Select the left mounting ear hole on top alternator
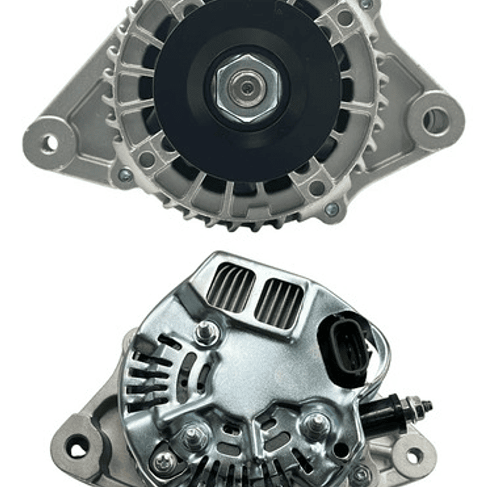coord(49,143)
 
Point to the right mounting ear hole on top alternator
coord(436,121)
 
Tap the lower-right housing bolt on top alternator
coord(331,210)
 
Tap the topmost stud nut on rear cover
coord(206,333)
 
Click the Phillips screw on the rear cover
coord(163,463)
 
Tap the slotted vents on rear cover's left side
coord(146,379)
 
